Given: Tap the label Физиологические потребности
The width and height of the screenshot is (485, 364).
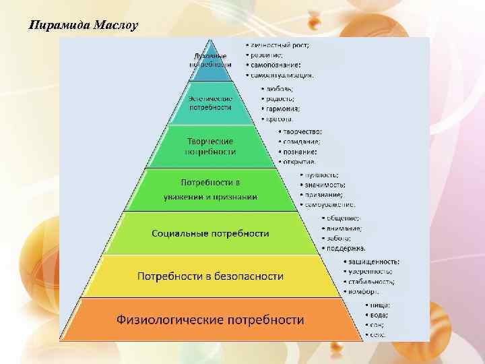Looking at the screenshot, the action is click(210, 319).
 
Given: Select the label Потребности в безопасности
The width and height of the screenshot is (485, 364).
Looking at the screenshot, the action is click(210, 276).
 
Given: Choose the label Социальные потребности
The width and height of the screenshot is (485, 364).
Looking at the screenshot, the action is click(210, 233).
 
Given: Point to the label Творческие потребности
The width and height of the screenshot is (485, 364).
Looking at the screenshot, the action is click(210, 146).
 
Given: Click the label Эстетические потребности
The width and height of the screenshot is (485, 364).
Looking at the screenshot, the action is click(210, 102).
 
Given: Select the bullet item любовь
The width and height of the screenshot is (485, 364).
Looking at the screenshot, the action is click(280, 88).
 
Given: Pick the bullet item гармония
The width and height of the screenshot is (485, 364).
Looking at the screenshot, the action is click(284, 108).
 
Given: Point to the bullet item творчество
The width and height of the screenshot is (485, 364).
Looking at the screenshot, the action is click(302, 131).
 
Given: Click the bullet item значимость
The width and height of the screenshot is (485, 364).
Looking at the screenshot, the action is click(325, 184).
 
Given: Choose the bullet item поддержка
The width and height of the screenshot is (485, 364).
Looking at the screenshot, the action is click(346, 248).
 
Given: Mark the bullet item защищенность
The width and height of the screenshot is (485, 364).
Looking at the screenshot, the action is click(373, 261).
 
